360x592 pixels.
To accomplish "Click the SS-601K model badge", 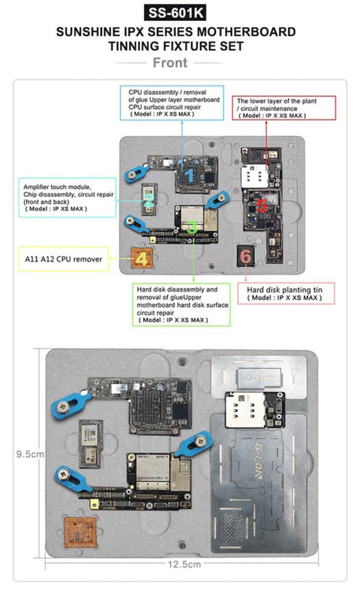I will tap(179, 13).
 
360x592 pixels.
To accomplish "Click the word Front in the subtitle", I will tap(180, 63).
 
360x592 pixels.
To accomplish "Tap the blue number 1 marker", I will tap(190, 175).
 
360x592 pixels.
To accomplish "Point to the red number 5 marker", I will tap(261, 204).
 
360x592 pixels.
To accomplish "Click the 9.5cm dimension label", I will tap(30, 453).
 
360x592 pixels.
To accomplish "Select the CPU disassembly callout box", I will tap(174, 102).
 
